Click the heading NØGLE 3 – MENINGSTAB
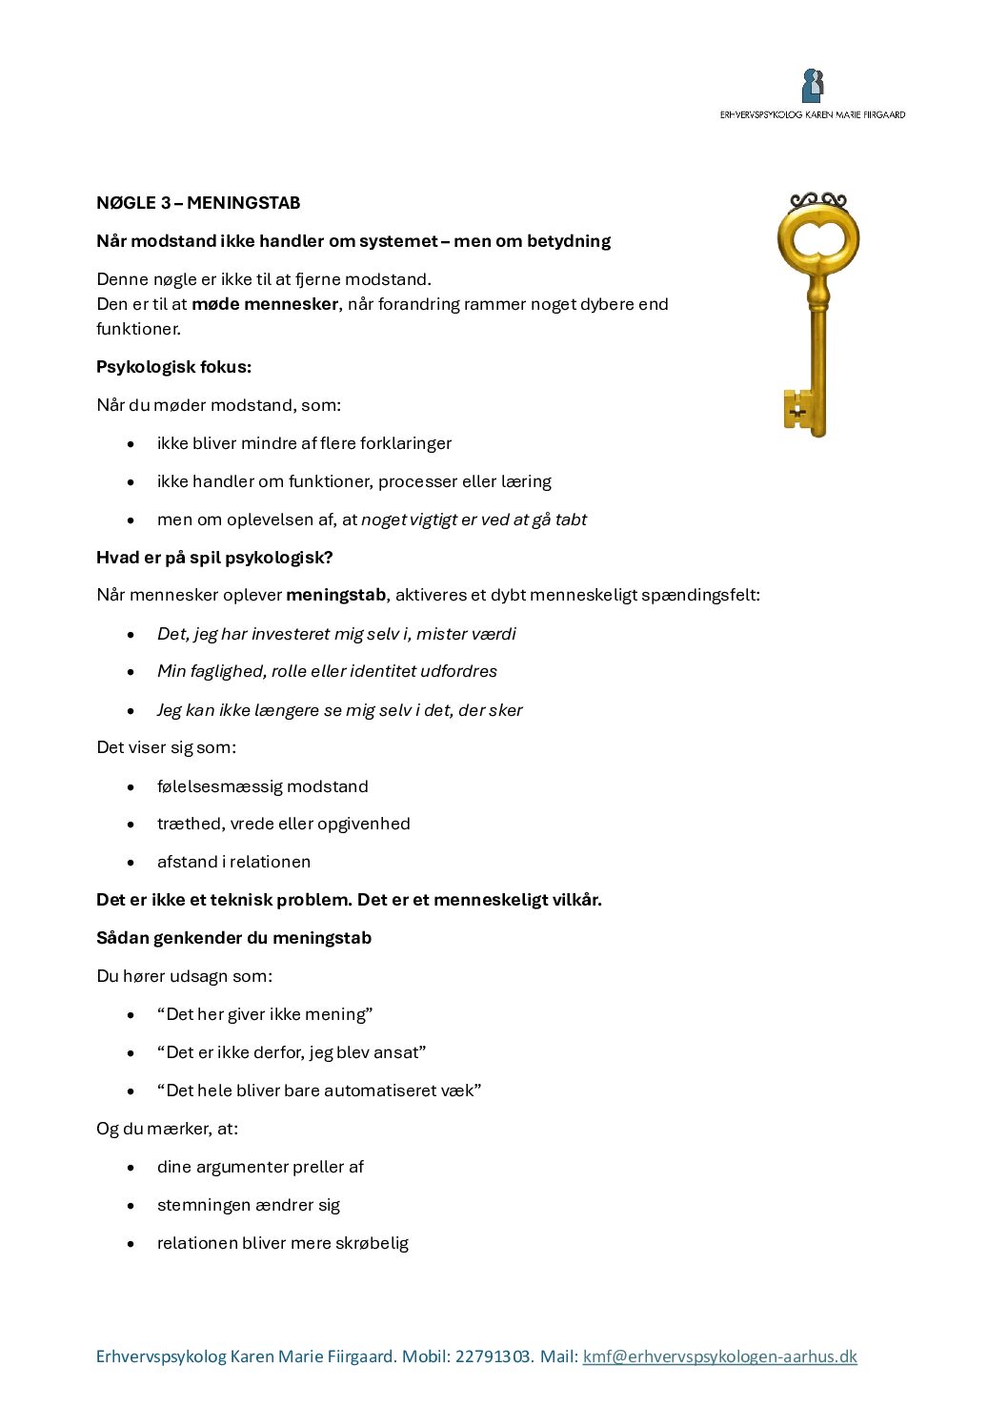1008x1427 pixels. coord(198,203)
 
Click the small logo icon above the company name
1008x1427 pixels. coord(813,86)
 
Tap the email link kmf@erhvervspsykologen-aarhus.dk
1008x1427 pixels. coord(719,1356)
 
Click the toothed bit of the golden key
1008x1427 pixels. coord(797,410)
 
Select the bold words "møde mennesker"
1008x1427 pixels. coord(265,304)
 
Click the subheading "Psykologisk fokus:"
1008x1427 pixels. coord(174,367)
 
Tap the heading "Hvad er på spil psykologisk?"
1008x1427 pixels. coord(214,558)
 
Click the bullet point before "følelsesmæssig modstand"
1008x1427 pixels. coord(131,787)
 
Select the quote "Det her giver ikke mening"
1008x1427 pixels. coord(265,1014)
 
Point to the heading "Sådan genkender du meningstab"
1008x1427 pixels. coord(233,938)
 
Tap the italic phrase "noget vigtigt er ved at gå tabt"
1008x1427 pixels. coord(474,520)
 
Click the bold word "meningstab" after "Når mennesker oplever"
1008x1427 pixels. coord(335,595)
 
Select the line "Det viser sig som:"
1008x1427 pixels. coord(166,747)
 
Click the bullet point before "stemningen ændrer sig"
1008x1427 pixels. coord(131,1206)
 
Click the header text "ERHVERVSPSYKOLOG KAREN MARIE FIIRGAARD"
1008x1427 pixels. coord(813,114)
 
